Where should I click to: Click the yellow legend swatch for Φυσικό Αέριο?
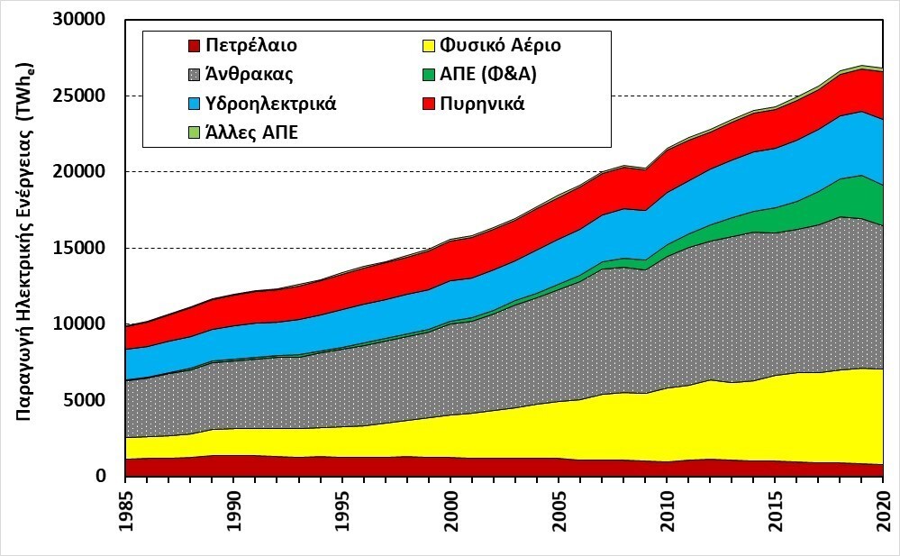click(430, 45)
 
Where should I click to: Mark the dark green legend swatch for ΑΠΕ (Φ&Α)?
click(430, 74)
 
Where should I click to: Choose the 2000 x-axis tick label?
click(451, 511)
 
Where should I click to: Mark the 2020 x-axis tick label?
click(883, 511)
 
